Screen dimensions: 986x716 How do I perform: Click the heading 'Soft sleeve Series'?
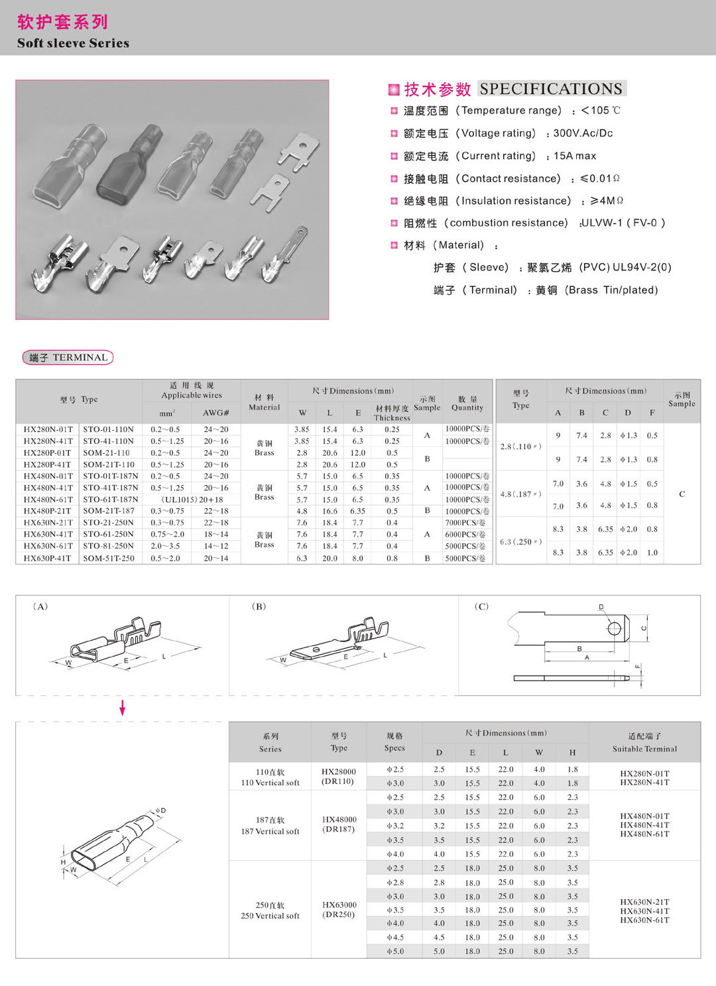click(x=73, y=43)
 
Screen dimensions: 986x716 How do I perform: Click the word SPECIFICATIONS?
click(x=551, y=89)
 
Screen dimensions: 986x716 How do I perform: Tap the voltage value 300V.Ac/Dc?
click(x=583, y=133)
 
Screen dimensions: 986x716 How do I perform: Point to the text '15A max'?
click(x=575, y=156)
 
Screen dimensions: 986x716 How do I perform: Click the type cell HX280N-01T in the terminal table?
click(x=48, y=429)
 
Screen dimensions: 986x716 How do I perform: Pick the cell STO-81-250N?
click(x=109, y=546)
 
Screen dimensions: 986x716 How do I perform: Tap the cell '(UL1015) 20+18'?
click(x=192, y=500)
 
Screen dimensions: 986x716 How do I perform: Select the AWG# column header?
click(x=215, y=413)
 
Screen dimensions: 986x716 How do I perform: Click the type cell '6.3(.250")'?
click(x=521, y=541)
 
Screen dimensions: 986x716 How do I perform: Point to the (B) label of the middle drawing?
click(x=259, y=606)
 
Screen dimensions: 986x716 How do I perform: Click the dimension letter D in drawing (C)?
click(x=601, y=607)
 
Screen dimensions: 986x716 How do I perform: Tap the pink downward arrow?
click(x=122, y=708)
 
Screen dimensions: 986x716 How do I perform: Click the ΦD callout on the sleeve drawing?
click(x=160, y=810)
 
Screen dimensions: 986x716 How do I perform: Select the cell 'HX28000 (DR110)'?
click(x=339, y=777)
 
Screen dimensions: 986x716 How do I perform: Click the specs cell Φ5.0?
click(x=395, y=951)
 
